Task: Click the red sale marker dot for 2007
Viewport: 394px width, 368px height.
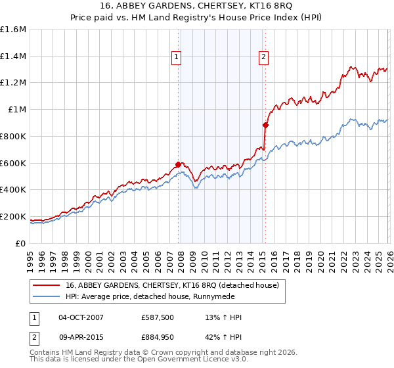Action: [178, 164]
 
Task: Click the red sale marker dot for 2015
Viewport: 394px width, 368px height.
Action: [265, 124]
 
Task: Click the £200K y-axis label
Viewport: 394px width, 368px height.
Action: [13, 216]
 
